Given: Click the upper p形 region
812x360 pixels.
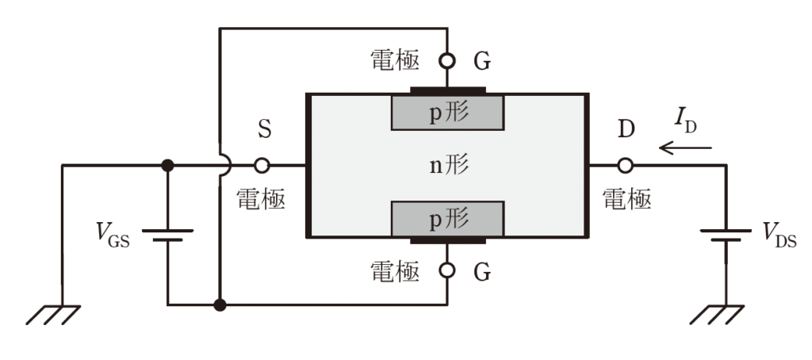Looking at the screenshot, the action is coord(447,113).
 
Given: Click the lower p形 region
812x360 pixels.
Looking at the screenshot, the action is coord(447,219).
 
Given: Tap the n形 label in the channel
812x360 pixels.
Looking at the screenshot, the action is coord(450,166).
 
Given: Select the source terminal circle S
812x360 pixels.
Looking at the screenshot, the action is coord(262,166).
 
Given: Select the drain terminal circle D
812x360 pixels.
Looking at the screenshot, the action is coord(626,166).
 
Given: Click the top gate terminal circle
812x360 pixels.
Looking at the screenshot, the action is coord(447,61).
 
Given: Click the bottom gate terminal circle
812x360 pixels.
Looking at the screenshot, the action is coord(447,270).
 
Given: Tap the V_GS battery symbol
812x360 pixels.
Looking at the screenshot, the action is coord(168,236).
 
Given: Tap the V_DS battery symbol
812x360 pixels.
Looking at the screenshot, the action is coord(726,236).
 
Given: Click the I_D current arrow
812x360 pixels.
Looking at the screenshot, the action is coord(685,148).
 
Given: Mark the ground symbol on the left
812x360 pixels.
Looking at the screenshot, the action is coord(53,315).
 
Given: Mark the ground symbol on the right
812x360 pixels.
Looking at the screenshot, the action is coord(717,315).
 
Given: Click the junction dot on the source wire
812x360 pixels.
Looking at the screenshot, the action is coord(168,166).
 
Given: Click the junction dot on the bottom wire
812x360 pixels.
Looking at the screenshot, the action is coord(220,305).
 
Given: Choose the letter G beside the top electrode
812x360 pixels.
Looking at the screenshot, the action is coord(482,62).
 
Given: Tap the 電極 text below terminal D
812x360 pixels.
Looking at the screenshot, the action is coord(626,199).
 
